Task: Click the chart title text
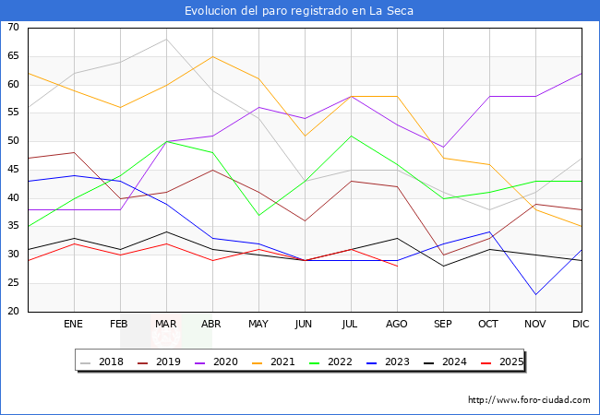(x=299, y=11)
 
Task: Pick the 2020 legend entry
(x=221, y=362)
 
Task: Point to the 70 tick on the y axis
(x=14, y=28)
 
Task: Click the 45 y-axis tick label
(x=14, y=170)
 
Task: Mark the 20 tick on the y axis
(x=14, y=312)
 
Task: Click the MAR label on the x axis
(x=166, y=325)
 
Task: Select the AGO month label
(x=397, y=325)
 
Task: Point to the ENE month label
(x=74, y=325)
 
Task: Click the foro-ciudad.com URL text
(x=529, y=400)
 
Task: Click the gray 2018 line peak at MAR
(x=166, y=39)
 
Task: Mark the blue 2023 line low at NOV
(x=535, y=294)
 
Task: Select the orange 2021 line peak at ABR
(x=212, y=56)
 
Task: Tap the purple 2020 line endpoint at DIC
(x=582, y=73)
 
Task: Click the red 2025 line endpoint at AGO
(x=397, y=266)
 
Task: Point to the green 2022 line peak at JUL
(x=351, y=136)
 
